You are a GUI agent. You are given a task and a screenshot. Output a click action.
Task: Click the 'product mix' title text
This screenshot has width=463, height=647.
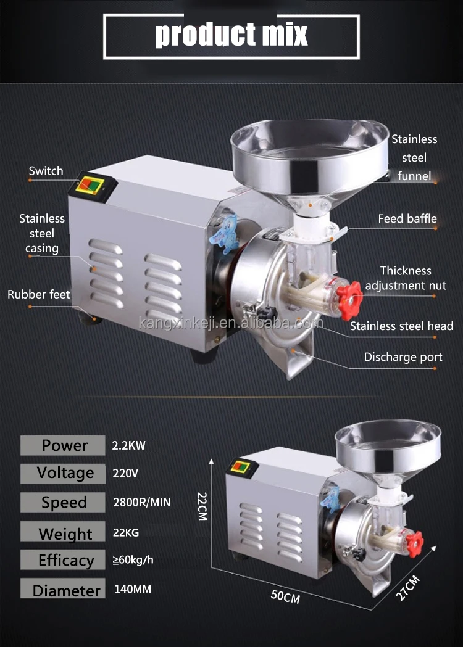click(x=231, y=35)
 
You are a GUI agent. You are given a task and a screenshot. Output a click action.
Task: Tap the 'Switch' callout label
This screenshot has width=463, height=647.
click(x=46, y=171)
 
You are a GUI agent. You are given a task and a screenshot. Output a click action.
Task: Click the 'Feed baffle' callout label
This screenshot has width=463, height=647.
click(x=407, y=219)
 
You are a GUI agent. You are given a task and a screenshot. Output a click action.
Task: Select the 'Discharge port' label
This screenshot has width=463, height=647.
click(x=403, y=357)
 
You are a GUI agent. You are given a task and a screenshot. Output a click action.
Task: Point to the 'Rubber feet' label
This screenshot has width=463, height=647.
click(x=39, y=294)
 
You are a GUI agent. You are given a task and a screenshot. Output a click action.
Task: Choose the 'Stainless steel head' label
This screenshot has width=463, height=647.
click(x=401, y=326)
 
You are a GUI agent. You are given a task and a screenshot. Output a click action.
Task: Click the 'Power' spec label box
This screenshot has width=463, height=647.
click(x=63, y=445)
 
